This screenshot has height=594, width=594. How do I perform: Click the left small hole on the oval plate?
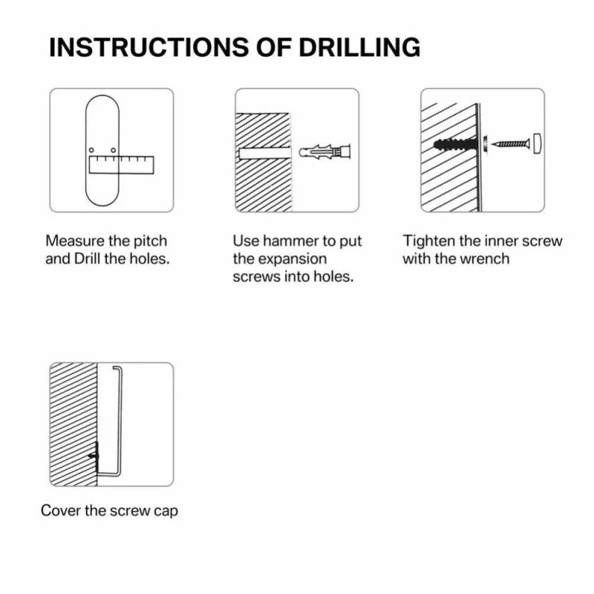[x=92, y=151]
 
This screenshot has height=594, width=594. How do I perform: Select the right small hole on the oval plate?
[x=113, y=151]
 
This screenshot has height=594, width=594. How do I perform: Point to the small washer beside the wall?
[x=485, y=142]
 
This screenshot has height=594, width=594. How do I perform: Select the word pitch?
[x=151, y=241]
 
